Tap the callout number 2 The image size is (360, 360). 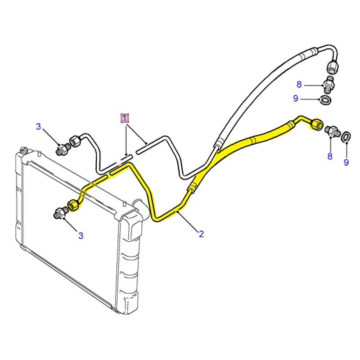coord(201,234)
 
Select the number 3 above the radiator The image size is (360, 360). coord(39,127)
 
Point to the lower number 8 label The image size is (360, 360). coord(330,156)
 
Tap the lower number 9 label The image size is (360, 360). coord(346,162)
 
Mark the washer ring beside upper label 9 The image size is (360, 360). coord(325,99)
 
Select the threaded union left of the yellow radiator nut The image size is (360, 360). coord(60,212)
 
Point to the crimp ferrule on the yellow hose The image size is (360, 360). coord(193,186)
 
